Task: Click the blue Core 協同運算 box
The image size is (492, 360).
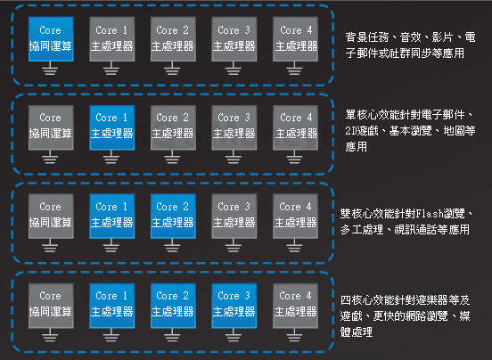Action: coord(51,39)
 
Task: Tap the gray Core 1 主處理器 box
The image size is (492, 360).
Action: coord(112,39)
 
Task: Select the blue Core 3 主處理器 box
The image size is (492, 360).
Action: coord(234,306)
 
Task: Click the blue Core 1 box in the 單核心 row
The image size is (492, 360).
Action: coord(112,127)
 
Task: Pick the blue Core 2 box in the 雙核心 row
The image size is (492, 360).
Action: coord(173,216)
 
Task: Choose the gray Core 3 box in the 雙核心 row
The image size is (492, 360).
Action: coord(234,216)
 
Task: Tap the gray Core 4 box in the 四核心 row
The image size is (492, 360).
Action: coord(295,306)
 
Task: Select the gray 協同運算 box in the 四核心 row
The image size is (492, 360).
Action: coord(51,306)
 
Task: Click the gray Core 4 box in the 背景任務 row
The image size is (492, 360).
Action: coord(295,39)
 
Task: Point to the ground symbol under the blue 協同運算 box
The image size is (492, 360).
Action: coord(50,69)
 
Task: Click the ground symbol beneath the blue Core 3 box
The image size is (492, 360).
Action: coord(234,335)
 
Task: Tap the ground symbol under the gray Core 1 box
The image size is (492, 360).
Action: coord(111,69)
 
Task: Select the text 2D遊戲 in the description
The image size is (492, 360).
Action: coord(362,131)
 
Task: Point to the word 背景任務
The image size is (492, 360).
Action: coord(367,37)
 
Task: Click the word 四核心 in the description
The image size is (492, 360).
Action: coord(357,300)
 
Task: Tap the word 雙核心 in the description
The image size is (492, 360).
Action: coord(357,214)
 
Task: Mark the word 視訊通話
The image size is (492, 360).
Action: coord(415,230)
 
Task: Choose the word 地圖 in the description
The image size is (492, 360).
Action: coord(454,131)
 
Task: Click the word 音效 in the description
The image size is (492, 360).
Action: coord(410,37)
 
